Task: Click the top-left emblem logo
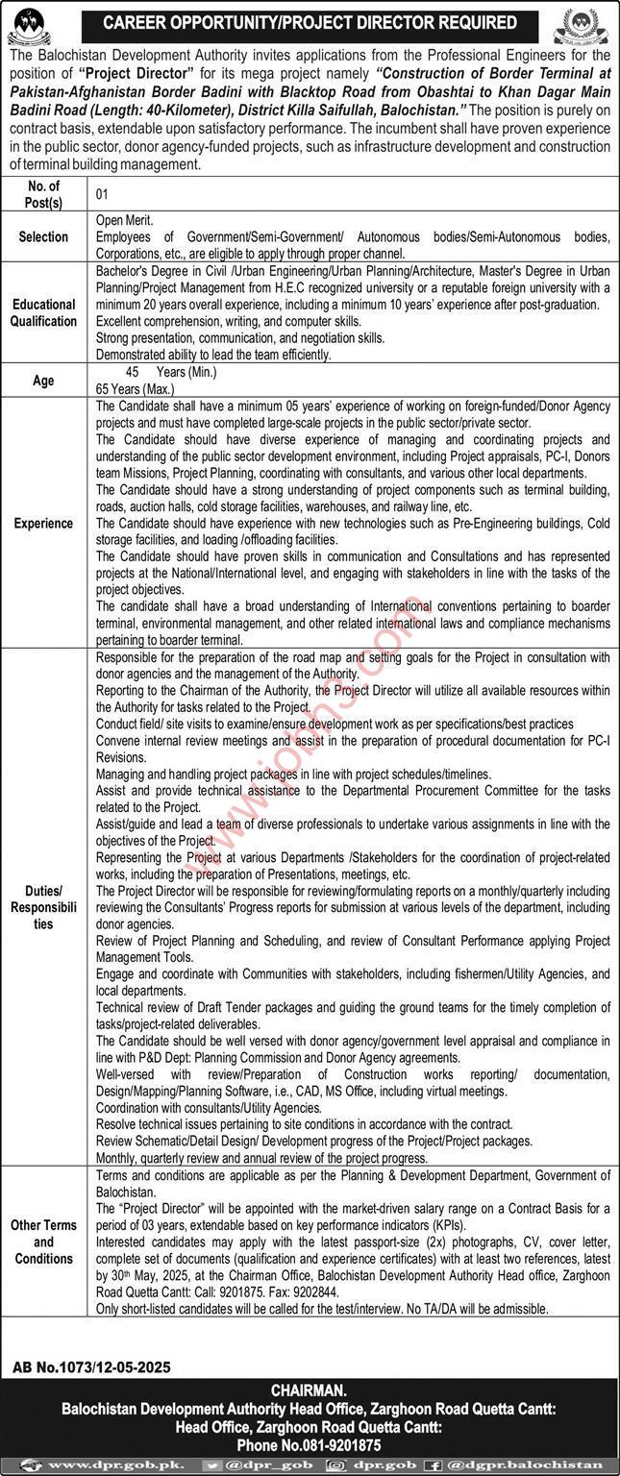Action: pos(32,26)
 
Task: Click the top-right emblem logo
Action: pos(588,27)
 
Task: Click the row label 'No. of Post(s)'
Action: pos(44,194)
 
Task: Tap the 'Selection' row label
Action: pos(44,236)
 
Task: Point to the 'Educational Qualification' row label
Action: pos(44,313)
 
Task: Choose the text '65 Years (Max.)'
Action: pos(136,389)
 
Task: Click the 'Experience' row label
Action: pos(44,524)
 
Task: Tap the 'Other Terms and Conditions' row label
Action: pos(44,1242)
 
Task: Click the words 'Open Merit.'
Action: pos(125,219)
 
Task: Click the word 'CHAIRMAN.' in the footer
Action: pos(310,1389)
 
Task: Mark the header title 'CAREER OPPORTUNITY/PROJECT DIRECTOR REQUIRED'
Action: pos(310,22)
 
